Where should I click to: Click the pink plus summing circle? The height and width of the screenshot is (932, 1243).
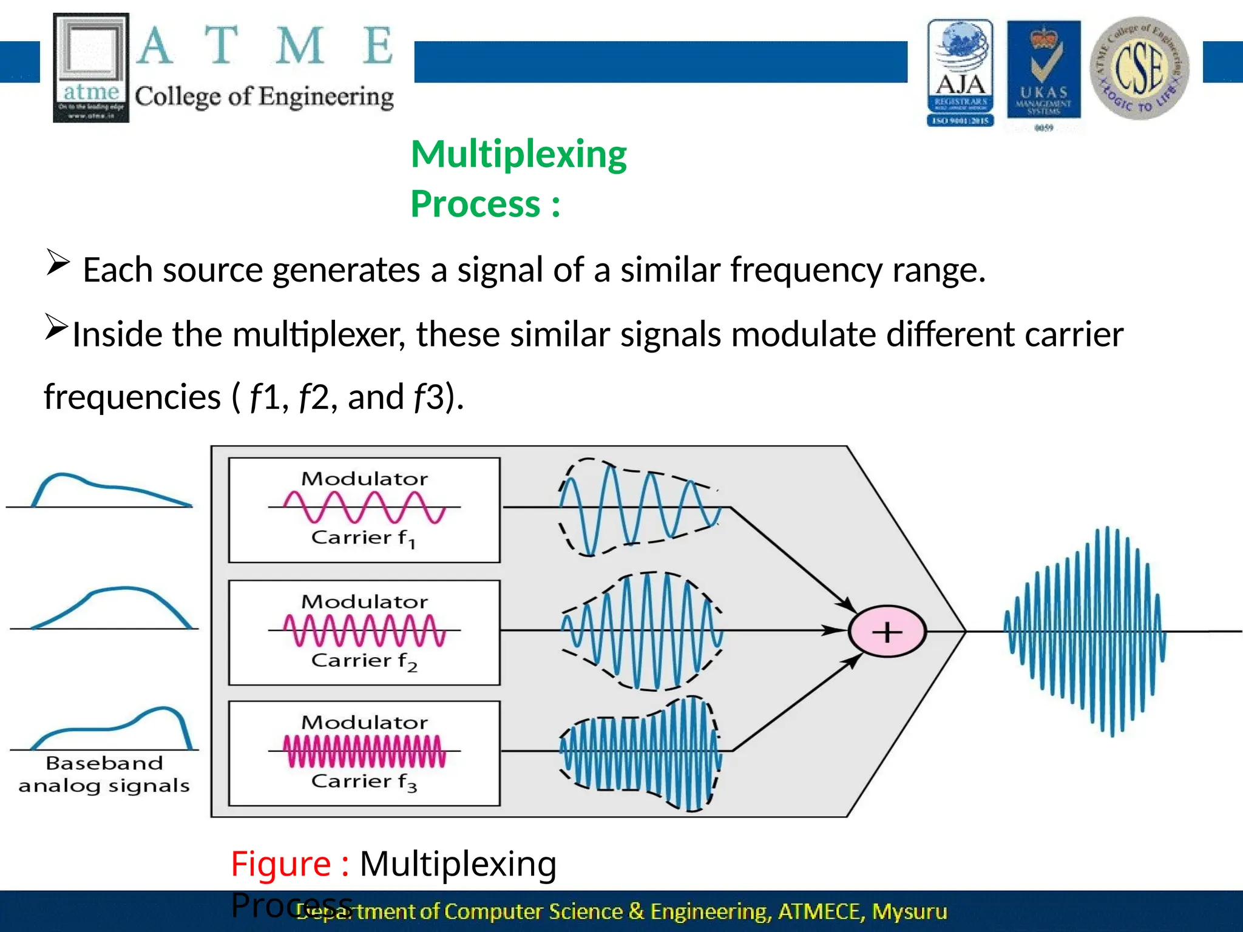pyautogui.click(x=887, y=632)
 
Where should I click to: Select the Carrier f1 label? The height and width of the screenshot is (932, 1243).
pyautogui.click(x=363, y=538)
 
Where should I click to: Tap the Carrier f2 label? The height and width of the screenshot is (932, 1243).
pyautogui.click(x=364, y=661)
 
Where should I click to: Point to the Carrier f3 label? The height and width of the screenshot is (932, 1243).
pyautogui.click(x=364, y=782)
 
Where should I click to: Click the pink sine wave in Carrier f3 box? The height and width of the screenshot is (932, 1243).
pyautogui.click(x=364, y=751)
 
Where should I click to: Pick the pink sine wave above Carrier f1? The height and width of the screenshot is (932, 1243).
pyautogui.click(x=364, y=507)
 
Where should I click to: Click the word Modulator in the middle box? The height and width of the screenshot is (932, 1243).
pyautogui.click(x=364, y=602)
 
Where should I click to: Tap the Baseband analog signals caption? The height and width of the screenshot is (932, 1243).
pyautogui.click(x=104, y=774)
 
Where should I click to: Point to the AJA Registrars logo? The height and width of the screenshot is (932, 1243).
pyautogui.click(x=960, y=73)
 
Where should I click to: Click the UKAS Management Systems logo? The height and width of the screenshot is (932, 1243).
pyautogui.click(x=1043, y=73)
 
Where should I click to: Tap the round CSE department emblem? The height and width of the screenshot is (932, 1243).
pyautogui.click(x=1139, y=68)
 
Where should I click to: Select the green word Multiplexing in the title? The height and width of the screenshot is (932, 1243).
pyautogui.click(x=518, y=154)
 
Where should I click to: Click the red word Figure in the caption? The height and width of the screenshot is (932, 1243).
pyautogui.click(x=280, y=863)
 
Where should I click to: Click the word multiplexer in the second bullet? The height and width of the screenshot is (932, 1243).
pyautogui.click(x=319, y=334)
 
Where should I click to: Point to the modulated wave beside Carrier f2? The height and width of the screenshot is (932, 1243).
pyautogui.click(x=642, y=631)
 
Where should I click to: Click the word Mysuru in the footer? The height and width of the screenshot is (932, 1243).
pyautogui.click(x=909, y=911)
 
